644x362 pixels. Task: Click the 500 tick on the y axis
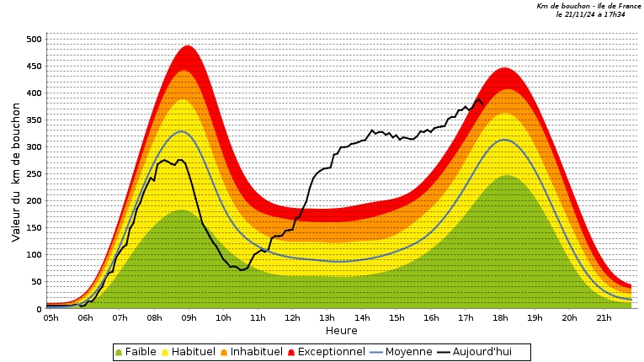[x=34, y=39]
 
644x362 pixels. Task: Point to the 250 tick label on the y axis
[x=34, y=173]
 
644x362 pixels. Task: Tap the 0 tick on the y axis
[x=39, y=309]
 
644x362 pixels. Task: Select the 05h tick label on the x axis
[x=51, y=317]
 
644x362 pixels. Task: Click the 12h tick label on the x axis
[x=292, y=317]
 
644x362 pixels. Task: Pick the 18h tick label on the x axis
[x=500, y=317]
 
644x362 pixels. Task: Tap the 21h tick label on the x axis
[x=604, y=317]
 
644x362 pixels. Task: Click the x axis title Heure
[x=341, y=331]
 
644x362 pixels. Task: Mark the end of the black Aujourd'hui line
[x=483, y=104]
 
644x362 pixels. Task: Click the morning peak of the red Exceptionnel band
[x=187, y=46]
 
